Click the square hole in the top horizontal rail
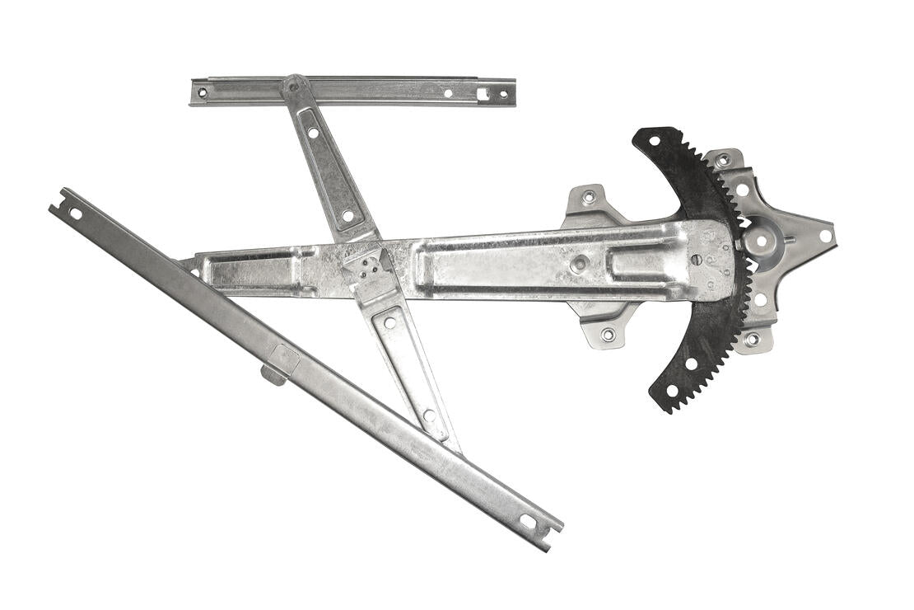click(x=483, y=94)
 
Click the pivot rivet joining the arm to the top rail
click(x=293, y=85)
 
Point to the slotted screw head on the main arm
click(x=696, y=260)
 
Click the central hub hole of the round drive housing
click(x=761, y=242)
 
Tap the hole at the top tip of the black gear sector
click(x=654, y=141)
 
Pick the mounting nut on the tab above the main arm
click(x=588, y=197)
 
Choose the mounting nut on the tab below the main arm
click(x=608, y=334)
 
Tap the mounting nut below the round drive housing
click(x=751, y=339)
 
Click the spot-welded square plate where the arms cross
click(x=368, y=265)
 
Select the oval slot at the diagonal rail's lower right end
click(x=527, y=521)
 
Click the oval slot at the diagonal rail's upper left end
click(x=75, y=213)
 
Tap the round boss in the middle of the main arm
click(x=580, y=264)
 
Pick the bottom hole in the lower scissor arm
click(x=428, y=415)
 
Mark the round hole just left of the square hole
click(x=448, y=94)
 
